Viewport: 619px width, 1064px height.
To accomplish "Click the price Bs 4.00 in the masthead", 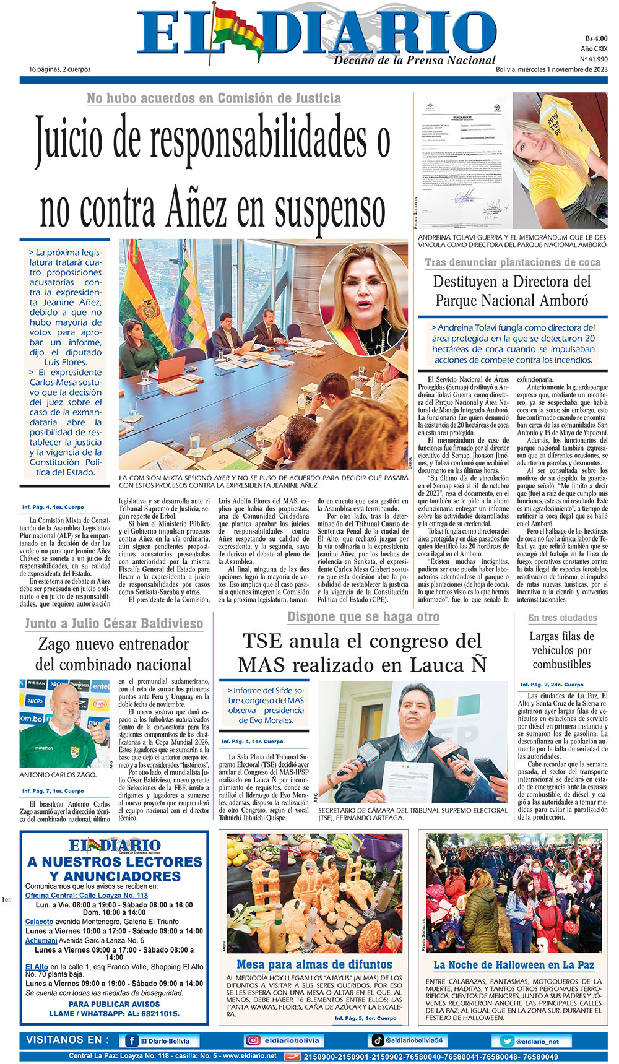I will click(x=596, y=38).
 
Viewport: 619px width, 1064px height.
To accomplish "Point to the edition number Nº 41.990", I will click(x=594, y=59).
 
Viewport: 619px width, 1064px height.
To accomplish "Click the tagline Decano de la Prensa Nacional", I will click(x=415, y=60).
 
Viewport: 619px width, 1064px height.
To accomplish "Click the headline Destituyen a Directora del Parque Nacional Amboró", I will click(x=512, y=291).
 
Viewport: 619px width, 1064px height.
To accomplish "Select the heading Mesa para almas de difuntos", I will click(x=314, y=964).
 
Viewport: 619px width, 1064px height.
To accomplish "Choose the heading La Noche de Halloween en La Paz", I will click(x=514, y=965).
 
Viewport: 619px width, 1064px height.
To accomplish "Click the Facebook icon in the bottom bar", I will click(x=132, y=1041).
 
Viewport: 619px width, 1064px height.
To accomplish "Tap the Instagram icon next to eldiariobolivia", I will click(x=253, y=1041).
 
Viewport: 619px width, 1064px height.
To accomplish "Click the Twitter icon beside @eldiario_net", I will click(x=506, y=1041).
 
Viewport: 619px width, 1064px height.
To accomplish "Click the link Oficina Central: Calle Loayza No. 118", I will click(x=87, y=896).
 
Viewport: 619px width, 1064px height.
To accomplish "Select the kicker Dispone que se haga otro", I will click(x=363, y=617).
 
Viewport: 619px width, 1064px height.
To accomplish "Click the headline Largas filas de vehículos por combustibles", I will click(x=561, y=650).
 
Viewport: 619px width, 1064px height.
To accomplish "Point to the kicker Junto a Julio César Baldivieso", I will click(x=114, y=623).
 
